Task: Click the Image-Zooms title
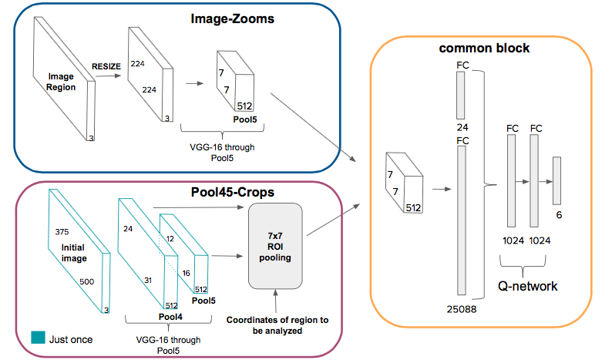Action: click(x=232, y=19)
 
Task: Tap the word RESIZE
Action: click(x=106, y=66)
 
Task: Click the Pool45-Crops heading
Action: click(x=233, y=192)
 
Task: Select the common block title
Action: click(x=484, y=48)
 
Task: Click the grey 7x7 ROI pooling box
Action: click(x=275, y=246)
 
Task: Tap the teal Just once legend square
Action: click(x=38, y=338)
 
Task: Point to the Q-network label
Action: click(x=527, y=286)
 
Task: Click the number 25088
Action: click(x=462, y=309)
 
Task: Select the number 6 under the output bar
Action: click(x=559, y=215)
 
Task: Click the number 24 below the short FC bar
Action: click(x=462, y=127)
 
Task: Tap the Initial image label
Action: click(x=73, y=253)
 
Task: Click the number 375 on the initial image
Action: click(x=62, y=232)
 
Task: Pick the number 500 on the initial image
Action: click(x=86, y=281)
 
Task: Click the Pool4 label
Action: click(x=170, y=317)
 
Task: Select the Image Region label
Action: click(x=61, y=82)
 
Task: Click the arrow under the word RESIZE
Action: click(x=109, y=76)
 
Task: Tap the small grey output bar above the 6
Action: click(x=557, y=181)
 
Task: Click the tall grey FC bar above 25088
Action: click(x=462, y=220)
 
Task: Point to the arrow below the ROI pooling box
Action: click(x=276, y=301)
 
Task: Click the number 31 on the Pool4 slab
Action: click(x=148, y=281)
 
